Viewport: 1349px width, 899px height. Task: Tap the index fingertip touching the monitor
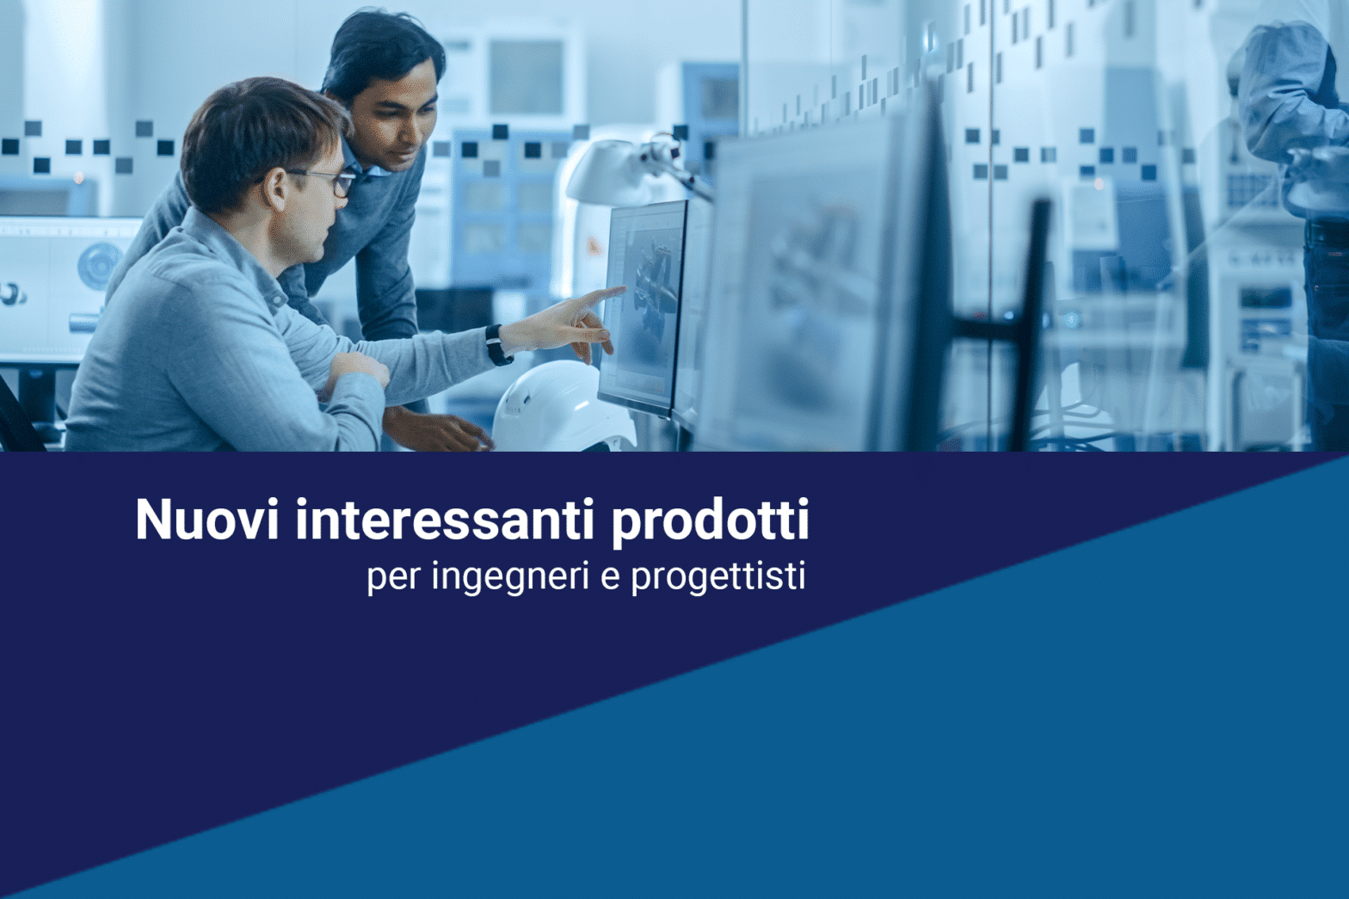(x=623, y=290)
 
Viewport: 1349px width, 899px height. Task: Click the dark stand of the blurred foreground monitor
(x=1031, y=325)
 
